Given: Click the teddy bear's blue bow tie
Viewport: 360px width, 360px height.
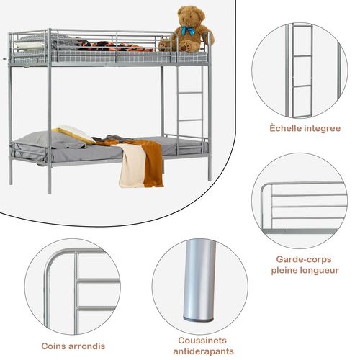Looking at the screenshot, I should [x=188, y=31].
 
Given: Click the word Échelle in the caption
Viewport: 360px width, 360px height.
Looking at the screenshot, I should [x=284, y=127].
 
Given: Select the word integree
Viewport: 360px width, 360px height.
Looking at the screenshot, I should [x=318, y=128].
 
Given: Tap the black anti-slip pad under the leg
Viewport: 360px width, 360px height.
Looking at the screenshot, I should [x=199, y=318].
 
